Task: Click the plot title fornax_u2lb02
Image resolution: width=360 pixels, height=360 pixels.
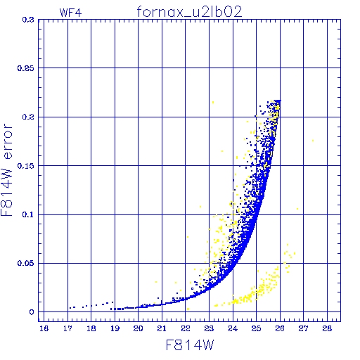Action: [189, 12]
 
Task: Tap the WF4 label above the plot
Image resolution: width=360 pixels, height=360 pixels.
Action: [70, 13]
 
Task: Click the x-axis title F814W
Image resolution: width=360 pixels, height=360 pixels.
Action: [190, 345]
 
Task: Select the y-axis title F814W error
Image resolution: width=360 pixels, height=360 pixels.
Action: [6, 169]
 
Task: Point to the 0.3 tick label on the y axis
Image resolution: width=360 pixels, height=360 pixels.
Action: [28, 20]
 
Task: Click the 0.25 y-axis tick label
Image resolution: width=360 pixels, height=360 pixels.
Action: [26, 68]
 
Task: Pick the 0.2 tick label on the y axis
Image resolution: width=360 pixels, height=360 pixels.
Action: [28, 117]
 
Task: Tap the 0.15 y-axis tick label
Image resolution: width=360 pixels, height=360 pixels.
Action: [26, 166]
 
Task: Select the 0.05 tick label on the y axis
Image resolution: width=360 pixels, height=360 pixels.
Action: [26, 263]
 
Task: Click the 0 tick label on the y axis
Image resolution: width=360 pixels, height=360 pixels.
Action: [32, 312]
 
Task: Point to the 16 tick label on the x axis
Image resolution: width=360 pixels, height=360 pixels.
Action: [44, 328]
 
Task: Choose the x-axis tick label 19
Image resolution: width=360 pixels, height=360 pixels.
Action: [115, 328]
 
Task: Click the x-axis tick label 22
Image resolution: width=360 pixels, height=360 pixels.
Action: [186, 328]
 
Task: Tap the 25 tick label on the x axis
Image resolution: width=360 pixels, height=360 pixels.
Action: [256, 328]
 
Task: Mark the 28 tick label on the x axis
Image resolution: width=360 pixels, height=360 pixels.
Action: [327, 328]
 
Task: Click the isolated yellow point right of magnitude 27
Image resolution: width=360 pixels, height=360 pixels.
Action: [313, 141]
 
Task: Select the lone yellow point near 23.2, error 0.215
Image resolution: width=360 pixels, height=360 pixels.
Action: [213, 102]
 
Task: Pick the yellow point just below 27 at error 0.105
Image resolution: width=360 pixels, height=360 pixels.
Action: [297, 209]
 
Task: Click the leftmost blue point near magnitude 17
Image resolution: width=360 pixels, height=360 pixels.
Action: [70, 308]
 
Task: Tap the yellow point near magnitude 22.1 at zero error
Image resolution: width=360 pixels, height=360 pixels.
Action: [188, 309]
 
